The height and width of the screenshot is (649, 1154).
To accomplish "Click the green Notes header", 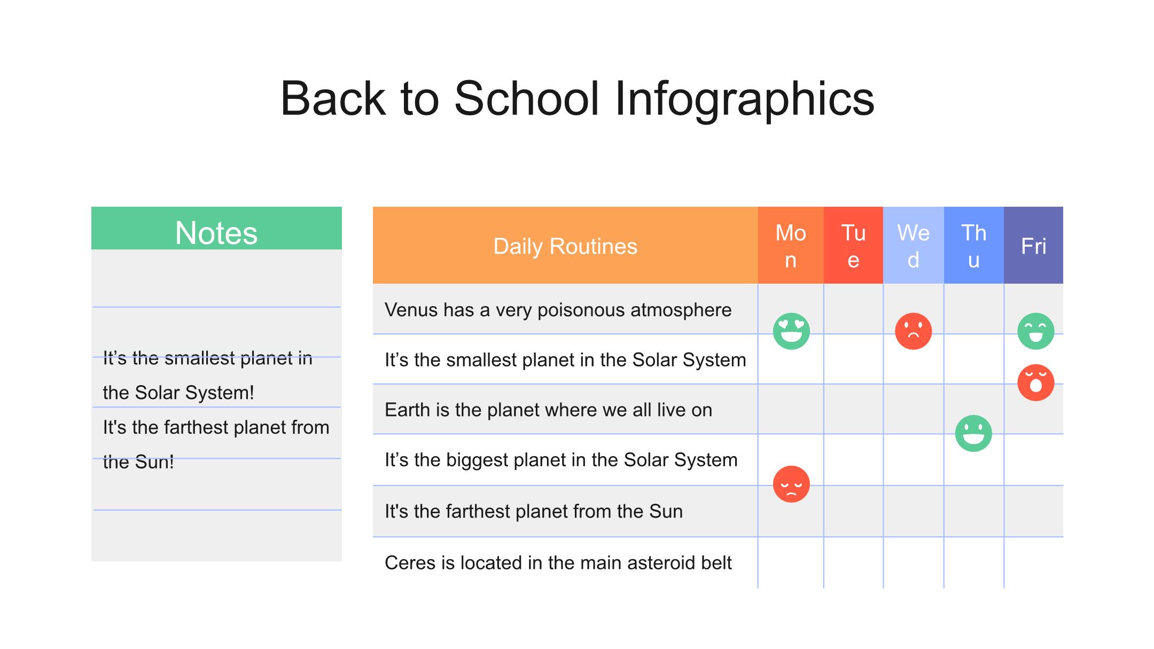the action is click(216, 228).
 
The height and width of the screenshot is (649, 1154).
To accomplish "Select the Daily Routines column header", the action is click(565, 245).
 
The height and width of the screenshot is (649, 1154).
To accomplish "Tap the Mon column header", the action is click(791, 245).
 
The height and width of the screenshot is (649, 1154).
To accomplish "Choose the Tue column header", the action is click(853, 245).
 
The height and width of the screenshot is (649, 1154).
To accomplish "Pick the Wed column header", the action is click(914, 245).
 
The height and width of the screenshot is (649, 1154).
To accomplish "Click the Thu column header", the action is click(974, 245).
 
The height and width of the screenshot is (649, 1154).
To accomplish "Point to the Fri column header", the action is click(1033, 245).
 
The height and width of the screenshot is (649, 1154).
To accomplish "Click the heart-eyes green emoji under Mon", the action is click(791, 331).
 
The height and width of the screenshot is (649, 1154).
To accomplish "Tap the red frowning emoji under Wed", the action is click(914, 331).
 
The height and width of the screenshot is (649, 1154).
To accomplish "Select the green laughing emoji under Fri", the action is click(1036, 331).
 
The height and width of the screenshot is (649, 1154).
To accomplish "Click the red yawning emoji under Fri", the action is click(1036, 382).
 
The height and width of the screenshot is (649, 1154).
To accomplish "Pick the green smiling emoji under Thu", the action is click(973, 433).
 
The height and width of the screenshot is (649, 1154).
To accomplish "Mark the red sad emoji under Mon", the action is click(791, 484).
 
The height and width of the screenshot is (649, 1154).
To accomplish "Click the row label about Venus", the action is click(558, 310).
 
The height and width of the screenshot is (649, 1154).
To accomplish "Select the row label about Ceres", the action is click(558, 562).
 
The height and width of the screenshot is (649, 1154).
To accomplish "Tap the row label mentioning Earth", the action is click(549, 410).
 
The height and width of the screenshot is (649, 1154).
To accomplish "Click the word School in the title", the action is click(527, 98).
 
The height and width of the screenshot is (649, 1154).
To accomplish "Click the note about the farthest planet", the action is click(216, 444).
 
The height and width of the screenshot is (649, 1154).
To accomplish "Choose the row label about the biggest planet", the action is click(561, 460).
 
